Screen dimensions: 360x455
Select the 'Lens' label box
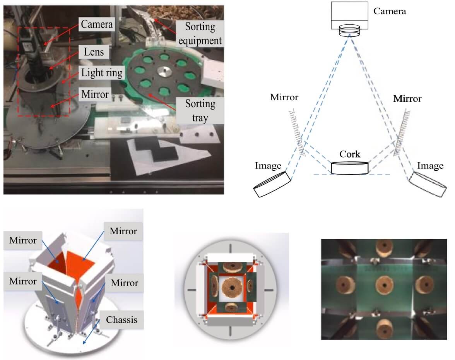click(x=94, y=52)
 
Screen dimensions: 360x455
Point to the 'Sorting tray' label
click(x=200, y=110)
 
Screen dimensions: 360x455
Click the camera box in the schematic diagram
click(x=349, y=15)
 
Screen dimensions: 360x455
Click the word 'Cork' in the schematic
click(x=350, y=154)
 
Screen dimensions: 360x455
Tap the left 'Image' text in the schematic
click(x=268, y=166)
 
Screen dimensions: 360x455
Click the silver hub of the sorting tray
click(x=164, y=72)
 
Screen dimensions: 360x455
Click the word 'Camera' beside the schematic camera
click(x=390, y=11)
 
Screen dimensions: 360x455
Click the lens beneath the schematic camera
click(x=349, y=31)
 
